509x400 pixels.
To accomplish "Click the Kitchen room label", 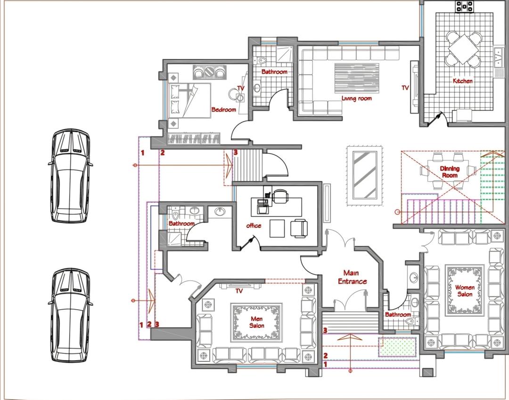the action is coord(463,81).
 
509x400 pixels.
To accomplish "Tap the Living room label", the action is coord(356,98).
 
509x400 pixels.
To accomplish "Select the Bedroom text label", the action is coord(224,110).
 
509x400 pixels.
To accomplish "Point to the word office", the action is coord(254,225).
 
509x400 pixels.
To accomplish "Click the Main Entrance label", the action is coord(352,277).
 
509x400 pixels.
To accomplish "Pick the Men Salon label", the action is coord(256,322).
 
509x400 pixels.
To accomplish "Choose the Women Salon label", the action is coord(465,291).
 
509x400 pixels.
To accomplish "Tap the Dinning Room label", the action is coord(450,172).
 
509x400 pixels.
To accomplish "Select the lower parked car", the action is coord(70,315).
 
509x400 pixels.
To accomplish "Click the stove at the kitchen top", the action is coord(465,6).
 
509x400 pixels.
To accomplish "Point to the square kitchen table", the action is coord(463,49).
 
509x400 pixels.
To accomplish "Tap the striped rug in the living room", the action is coord(357,78).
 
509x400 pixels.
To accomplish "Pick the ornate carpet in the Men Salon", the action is coord(256,322).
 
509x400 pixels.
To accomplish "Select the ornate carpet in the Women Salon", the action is coord(465,291).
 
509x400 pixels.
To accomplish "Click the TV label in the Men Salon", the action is coord(239,291).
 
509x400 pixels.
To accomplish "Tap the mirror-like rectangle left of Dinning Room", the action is coord(364,175).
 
